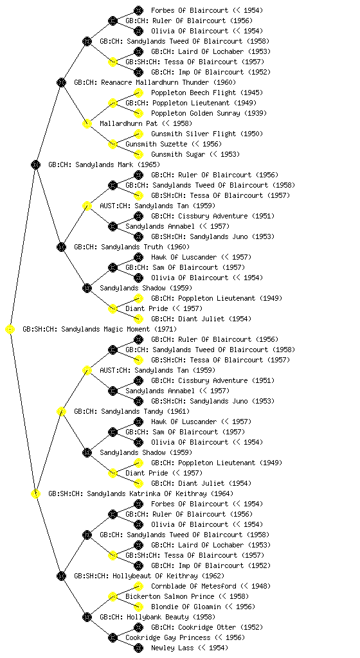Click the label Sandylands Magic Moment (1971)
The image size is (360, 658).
pyautogui.click(x=119, y=330)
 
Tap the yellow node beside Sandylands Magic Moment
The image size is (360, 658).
pyautogui.click(x=10, y=330)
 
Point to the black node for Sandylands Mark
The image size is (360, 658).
pyautogui.click(x=35, y=165)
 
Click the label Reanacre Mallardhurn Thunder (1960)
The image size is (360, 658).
pyautogui.click(x=168, y=83)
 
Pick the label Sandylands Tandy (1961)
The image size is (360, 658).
pyautogui.click(x=145, y=412)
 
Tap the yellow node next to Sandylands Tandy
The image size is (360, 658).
pyautogui.click(x=61, y=412)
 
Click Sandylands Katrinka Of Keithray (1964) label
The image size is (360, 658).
pyautogui.click(x=160, y=494)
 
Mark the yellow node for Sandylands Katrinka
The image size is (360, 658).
pyautogui.click(x=35, y=494)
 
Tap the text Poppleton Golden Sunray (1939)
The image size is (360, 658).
pyautogui.click(x=208, y=113)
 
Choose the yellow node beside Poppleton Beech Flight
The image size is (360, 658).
pyautogui.click(x=138, y=93)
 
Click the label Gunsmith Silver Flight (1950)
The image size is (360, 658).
pyautogui.click(x=207, y=134)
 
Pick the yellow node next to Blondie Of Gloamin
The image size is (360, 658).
pyautogui.click(x=138, y=607)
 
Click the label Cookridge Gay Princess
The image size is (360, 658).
pyautogui.click(x=168, y=638)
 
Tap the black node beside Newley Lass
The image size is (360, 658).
pyautogui.click(x=138, y=648)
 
